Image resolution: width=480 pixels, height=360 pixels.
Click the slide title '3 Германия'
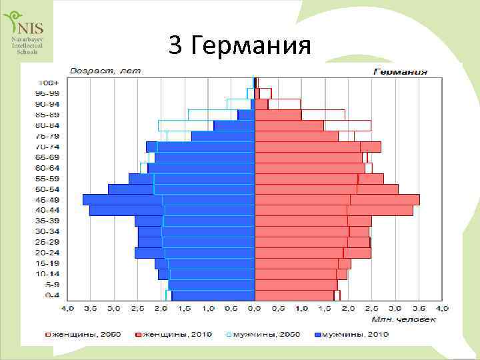pyautogui.click(x=240, y=45)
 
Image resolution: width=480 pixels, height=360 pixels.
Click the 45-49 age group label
pyautogui.click(x=48, y=200)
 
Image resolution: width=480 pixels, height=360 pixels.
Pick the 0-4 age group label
pyautogui.click(x=51, y=295)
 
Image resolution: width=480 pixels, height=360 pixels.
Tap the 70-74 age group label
pyautogui.click(x=48, y=147)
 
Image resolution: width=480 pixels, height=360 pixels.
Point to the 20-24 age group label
pyautogui.click(x=48, y=253)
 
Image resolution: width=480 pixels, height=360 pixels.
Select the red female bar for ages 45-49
pyautogui.click(x=337, y=200)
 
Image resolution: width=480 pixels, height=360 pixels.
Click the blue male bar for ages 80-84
pyautogui.click(x=234, y=125)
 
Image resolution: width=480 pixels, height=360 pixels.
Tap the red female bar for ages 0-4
pyautogui.click(x=295, y=295)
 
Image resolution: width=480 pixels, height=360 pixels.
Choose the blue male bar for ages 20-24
pyautogui.click(x=195, y=253)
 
